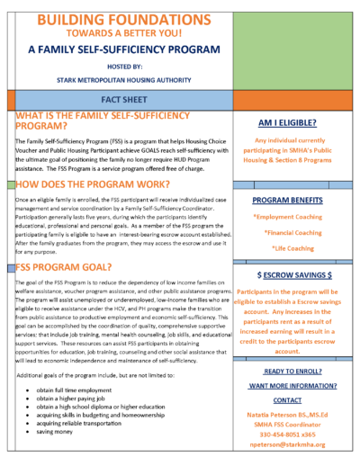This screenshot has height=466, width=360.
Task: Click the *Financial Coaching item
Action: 296,232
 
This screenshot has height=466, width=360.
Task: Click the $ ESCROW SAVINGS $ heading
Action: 296,273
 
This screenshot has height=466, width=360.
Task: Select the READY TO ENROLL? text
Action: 296,372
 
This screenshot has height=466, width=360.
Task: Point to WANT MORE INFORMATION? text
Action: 296,386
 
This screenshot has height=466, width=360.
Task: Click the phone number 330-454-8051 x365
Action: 296,430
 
